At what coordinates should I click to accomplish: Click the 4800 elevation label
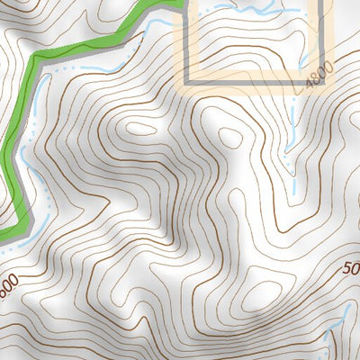point(319,74)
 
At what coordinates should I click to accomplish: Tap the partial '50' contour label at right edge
point(351,267)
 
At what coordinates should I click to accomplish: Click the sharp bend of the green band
point(36,59)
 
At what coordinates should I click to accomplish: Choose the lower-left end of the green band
point(7,232)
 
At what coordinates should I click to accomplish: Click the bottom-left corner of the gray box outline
point(187,80)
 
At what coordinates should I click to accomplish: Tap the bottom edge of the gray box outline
point(252,80)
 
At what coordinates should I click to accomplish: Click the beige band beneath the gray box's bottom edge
point(252,89)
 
